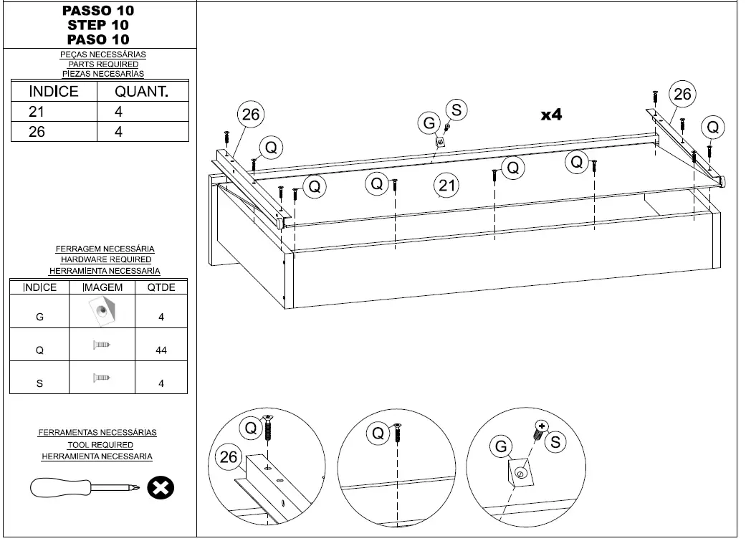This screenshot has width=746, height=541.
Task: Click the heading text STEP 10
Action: [98, 25]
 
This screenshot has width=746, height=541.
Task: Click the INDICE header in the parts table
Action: [53, 92]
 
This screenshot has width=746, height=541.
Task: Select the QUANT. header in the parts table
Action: [141, 92]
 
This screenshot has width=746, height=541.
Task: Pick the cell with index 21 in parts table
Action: [37, 112]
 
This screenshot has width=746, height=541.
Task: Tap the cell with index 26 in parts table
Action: [37, 132]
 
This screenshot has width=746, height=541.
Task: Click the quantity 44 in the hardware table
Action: [161, 350]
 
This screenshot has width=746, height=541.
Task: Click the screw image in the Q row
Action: [102, 345]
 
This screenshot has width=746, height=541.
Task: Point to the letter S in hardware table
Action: [39, 383]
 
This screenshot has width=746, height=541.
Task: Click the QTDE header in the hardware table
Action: [161, 287]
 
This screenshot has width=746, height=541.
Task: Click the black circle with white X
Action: [161, 488]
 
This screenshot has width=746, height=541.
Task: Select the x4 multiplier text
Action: [550, 115]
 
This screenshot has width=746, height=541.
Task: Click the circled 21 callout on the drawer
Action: [447, 186]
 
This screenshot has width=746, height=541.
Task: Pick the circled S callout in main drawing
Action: [456, 110]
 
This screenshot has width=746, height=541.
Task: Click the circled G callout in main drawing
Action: [429, 123]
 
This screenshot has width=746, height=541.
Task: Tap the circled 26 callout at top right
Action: [682, 94]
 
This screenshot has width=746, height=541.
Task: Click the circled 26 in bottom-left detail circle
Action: [229, 457]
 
